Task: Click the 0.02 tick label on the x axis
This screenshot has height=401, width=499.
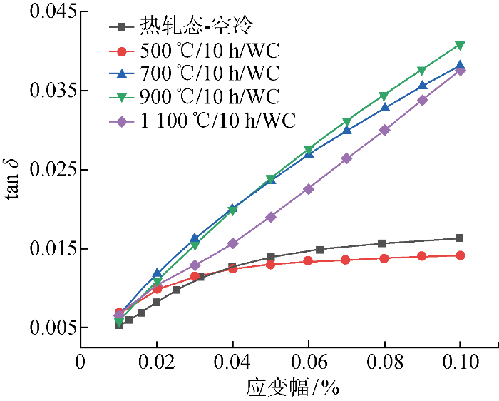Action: pos(157,362)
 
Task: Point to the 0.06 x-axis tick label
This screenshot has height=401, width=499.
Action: pos(309,362)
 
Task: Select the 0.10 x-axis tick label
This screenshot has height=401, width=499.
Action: pos(460,362)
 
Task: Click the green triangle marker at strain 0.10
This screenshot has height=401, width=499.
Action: pos(460,46)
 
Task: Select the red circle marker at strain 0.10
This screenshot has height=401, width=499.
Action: pos(460,255)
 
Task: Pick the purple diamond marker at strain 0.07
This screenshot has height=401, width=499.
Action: pos(346,158)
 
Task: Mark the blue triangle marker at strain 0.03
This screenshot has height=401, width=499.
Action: pos(195,238)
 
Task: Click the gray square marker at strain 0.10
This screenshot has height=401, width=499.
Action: pos(460,238)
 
